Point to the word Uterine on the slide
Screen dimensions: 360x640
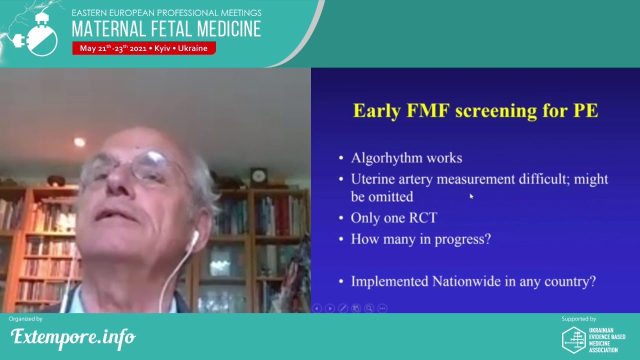click(x=374, y=179)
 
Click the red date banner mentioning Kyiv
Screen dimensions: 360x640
click(x=143, y=48)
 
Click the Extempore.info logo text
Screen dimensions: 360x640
click(x=73, y=337)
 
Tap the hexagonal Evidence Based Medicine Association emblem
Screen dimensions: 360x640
click(x=573, y=340)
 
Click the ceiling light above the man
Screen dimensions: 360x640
click(x=79, y=142)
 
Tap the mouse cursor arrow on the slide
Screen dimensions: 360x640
click(x=471, y=196)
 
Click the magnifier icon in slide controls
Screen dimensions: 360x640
click(x=369, y=308)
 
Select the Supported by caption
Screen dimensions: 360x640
click(x=578, y=319)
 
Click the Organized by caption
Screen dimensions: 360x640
click(x=25, y=319)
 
